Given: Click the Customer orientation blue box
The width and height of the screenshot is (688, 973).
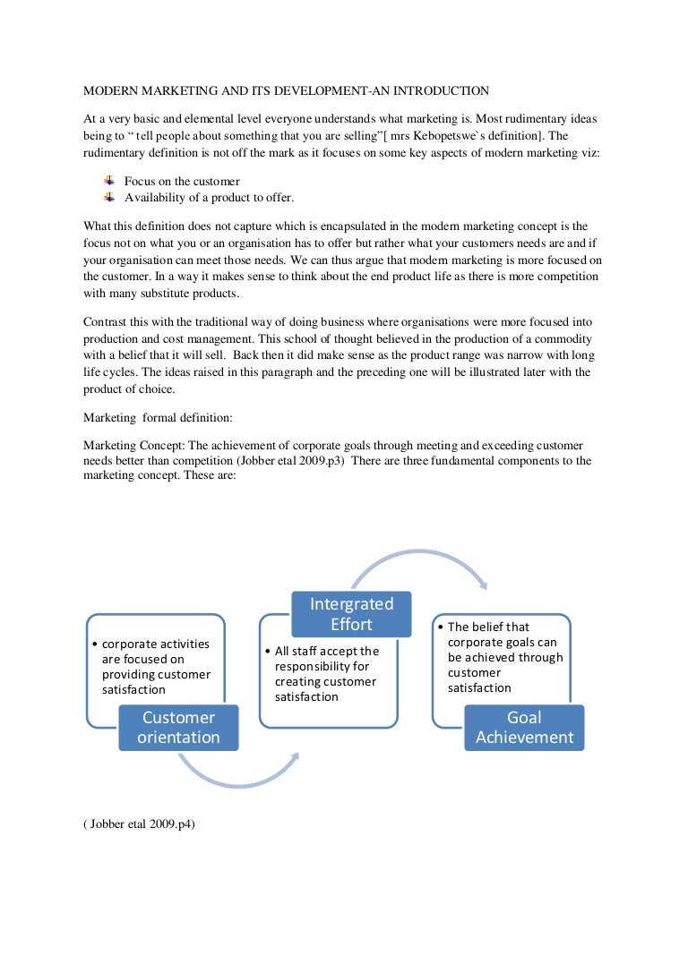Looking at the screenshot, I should (178, 728).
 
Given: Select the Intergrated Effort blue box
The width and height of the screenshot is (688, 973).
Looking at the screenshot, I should (351, 614).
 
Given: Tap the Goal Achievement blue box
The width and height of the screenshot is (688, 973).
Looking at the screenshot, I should (524, 728).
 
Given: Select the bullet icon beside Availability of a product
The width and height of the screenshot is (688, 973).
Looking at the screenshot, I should (110, 197).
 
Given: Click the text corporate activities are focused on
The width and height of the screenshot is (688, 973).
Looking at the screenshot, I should (155, 651).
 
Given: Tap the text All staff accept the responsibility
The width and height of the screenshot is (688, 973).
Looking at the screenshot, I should (327, 659).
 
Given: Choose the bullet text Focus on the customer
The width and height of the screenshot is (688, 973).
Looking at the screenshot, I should (182, 182).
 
